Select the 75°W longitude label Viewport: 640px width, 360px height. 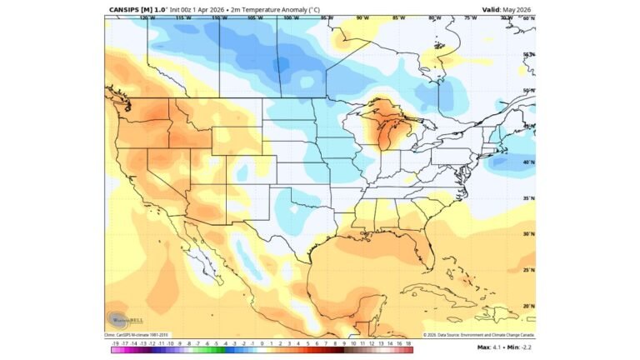coord(471,17)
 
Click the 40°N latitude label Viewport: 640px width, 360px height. coord(528,162)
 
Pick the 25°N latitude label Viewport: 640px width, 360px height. coord(528,270)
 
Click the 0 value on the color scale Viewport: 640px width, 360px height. coord(262,342)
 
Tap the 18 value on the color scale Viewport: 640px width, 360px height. coord(408,342)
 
